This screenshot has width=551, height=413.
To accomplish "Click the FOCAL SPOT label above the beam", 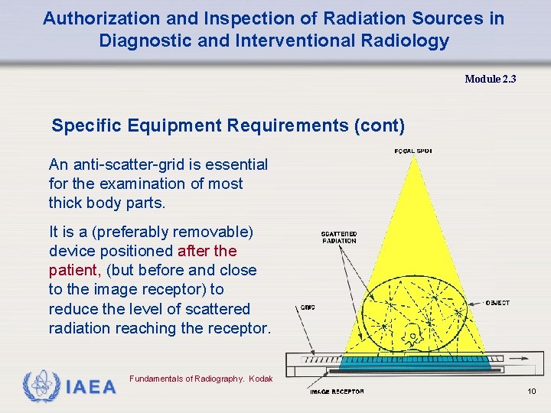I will pyautogui.click(x=412, y=151).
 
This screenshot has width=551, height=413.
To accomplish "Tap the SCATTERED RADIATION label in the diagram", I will pyautogui.click(x=338, y=236).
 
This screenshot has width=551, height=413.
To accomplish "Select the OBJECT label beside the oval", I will pyautogui.click(x=497, y=303).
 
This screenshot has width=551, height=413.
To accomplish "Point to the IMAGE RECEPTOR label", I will pyautogui.click(x=337, y=392).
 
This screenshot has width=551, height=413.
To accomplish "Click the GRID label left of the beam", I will pyautogui.click(x=308, y=307).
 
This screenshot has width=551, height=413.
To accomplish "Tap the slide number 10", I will pyautogui.click(x=532, y=392).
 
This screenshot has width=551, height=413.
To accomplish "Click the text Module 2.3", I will pyautogui.click(x=490, y=79).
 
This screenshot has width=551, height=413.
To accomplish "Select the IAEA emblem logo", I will pyautogui.click(x=40, y=386).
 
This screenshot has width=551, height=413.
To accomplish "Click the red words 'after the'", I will pyautogui.click(x=207, y=251).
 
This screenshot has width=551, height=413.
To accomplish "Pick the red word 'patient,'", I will pyautogui.click(x=74, y=270).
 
